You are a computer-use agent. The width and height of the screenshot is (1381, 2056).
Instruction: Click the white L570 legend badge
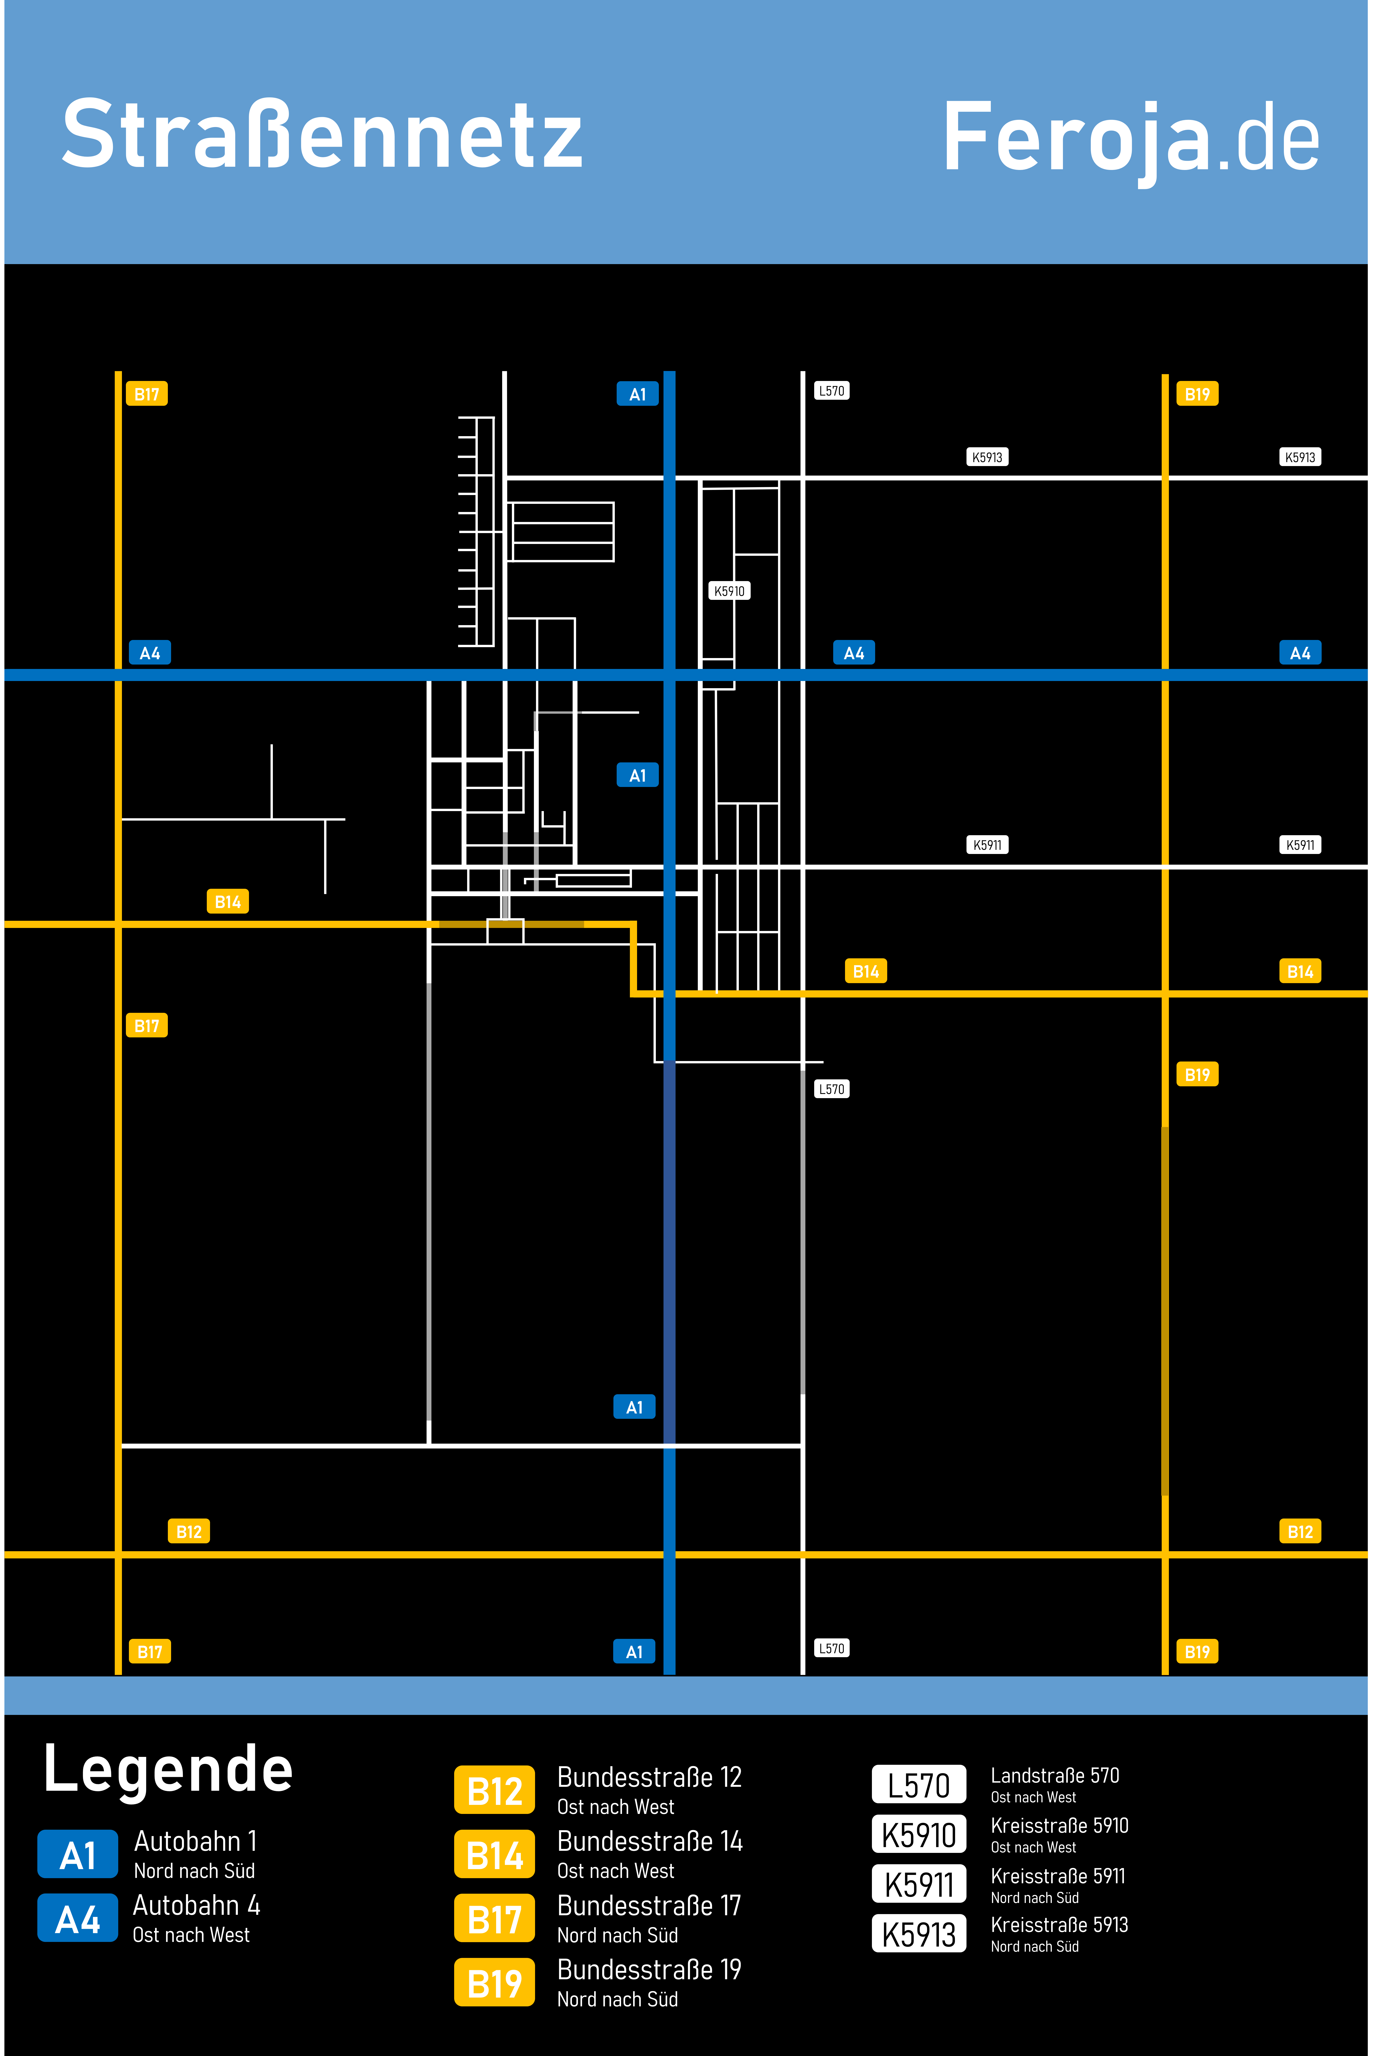(919, 1785)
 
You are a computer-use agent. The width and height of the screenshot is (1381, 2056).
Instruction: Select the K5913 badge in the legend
(919, 1934)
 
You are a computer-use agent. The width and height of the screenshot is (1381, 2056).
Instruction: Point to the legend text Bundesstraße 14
(650, 1841)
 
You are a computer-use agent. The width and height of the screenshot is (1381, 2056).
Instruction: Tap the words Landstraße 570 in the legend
(1054, 1775)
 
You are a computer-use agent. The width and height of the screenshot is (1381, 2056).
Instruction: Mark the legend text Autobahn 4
(196, 1905)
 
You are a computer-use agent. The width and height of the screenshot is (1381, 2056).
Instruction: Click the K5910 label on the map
(729, 591)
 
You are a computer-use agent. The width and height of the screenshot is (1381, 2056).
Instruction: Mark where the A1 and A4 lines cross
(669, 675)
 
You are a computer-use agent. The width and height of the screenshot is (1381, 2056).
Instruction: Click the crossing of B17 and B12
(118, 1555)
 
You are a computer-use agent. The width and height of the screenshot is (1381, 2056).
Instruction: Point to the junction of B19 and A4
(1165, 675)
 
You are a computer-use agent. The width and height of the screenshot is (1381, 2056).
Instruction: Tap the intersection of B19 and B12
(1165, 1555)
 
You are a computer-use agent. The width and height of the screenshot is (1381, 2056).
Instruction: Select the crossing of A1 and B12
(669, 1555)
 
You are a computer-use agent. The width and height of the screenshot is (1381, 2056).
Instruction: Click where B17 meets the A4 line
(118, 675)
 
